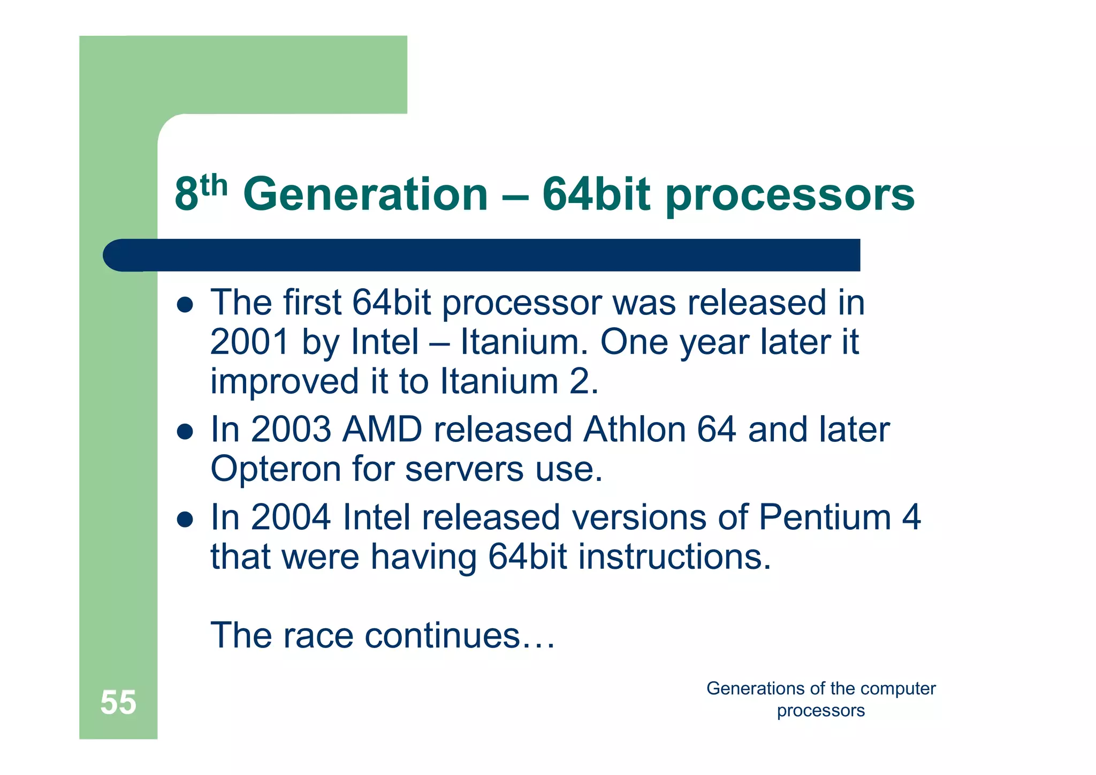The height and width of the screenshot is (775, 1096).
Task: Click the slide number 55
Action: click(118, 702)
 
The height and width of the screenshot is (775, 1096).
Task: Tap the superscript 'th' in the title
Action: click(214, 185)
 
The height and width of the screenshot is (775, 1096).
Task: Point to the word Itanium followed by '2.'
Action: click(499, 381)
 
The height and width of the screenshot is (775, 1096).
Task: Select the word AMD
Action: click(382, 430)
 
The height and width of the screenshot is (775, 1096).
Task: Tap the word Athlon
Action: click(634, 430)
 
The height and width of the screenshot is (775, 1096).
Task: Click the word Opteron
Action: click(276, 469)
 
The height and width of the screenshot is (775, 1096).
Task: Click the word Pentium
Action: click(825, 517)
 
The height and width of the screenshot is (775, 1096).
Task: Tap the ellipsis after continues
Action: click(538, 643)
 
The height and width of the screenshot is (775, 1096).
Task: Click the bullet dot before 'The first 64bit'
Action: click(185, 305)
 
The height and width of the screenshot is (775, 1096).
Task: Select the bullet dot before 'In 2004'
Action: click(185, 519)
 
